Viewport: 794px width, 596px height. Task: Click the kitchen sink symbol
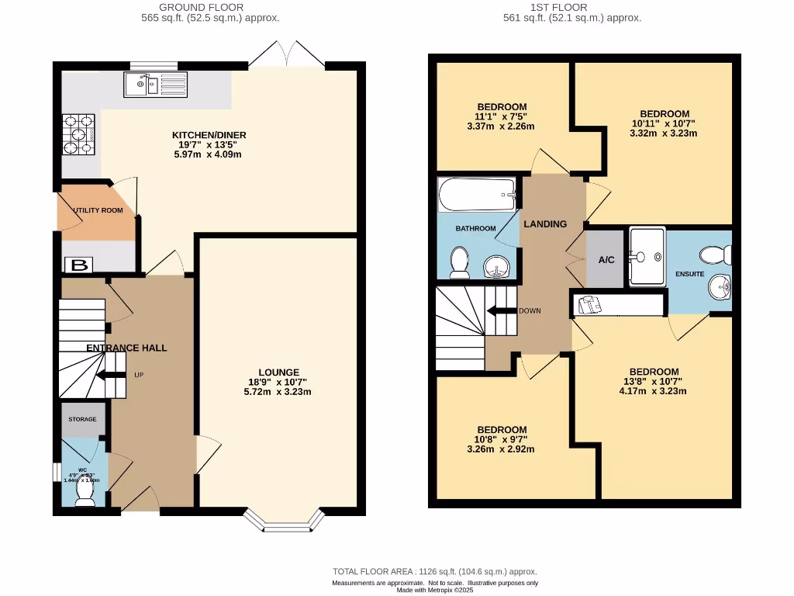click(154, 83)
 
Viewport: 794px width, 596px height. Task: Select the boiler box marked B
click(78, 265)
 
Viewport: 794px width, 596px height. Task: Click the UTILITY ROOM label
click(98, 210)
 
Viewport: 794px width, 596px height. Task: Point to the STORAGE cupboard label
click(82, 419)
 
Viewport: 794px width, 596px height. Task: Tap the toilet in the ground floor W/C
click(85, 497)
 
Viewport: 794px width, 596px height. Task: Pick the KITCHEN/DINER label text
click(209, 135)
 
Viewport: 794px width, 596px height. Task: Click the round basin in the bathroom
click(495, 269)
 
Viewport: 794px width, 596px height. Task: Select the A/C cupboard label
click(606, 260)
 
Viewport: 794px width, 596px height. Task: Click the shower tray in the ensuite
click(647, 256)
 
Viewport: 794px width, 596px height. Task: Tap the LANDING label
click(545, 223)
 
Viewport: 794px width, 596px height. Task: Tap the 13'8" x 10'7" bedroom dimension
click(653, 381)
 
